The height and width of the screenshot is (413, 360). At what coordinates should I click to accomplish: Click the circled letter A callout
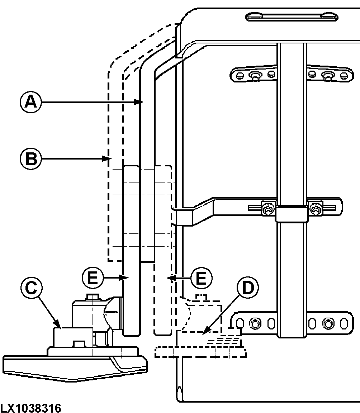[30, 103]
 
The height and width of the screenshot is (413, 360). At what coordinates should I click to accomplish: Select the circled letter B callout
[30, 158]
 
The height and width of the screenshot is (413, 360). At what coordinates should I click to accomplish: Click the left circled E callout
[93, 277]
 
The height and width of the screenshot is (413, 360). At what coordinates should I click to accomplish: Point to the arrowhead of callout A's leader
[142, 103]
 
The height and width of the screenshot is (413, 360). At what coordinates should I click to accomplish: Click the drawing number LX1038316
[31, 408]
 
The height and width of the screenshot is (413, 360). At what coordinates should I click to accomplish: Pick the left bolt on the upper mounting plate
[255, 75]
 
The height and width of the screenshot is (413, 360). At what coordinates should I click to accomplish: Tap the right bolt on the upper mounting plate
[327, 75]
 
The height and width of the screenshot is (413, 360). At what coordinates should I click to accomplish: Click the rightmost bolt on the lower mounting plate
[327, 324]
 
